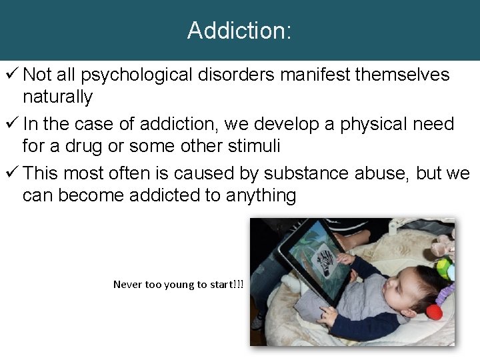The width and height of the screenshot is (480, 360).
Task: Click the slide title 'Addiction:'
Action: click(x=239, y=31)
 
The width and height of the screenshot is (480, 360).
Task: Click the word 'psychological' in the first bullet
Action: click(x=139, y=75)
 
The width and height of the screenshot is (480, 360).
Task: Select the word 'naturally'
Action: click(x=57, y=97)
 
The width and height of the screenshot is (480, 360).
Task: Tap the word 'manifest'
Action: click(x=315, y=75)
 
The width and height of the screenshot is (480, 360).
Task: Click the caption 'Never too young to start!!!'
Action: click(x=178, y=285)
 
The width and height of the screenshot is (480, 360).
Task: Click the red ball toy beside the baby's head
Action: click(x=435, y=311)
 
